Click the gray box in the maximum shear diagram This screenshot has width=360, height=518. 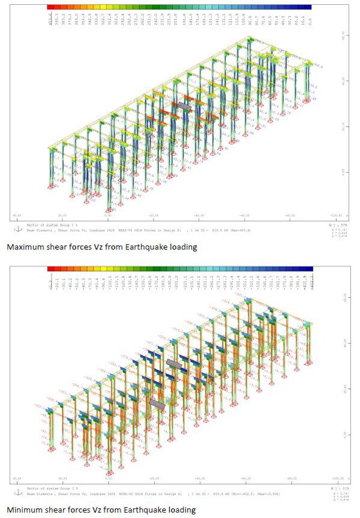[x=184, y=106]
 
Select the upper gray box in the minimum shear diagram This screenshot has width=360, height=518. [x=174, y=363]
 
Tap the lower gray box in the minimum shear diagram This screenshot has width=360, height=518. [x=158, y=405]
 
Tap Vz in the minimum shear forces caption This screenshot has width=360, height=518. [x=101, y=510]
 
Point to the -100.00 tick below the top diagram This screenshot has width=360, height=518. [x=335, y=215]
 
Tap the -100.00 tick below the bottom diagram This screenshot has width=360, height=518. [x=335, y=478]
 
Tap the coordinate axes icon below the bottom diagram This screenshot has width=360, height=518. [x=15, y=492]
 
